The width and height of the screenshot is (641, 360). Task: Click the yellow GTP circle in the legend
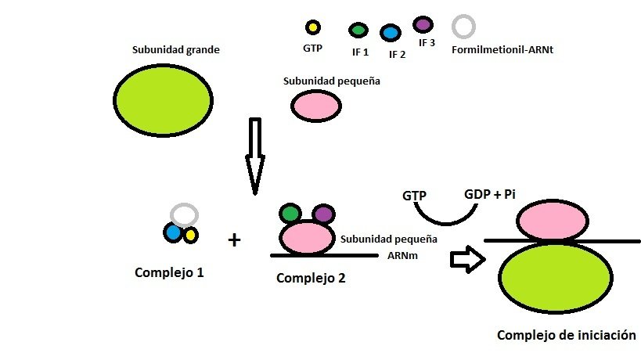point(312,27)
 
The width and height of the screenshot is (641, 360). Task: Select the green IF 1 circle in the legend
point(358,31)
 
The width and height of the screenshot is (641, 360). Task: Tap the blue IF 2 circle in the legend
point(390,33)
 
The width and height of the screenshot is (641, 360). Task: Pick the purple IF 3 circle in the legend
point(424,24)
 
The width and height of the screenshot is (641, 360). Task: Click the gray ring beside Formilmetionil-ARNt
point(464,27)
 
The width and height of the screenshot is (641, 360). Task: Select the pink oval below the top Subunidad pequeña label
point(316,106)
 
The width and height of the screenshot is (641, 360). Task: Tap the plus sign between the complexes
point(233,239)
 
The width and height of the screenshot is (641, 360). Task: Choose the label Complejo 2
point(311,277)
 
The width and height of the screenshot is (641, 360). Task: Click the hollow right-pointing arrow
point(466,260)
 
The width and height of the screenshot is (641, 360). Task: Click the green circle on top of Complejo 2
point(290,213)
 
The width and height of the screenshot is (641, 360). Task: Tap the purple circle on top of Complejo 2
point(323,214)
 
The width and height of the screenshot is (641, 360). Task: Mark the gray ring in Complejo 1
point(184,214)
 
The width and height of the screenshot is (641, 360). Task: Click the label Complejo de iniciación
point(567,335)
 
